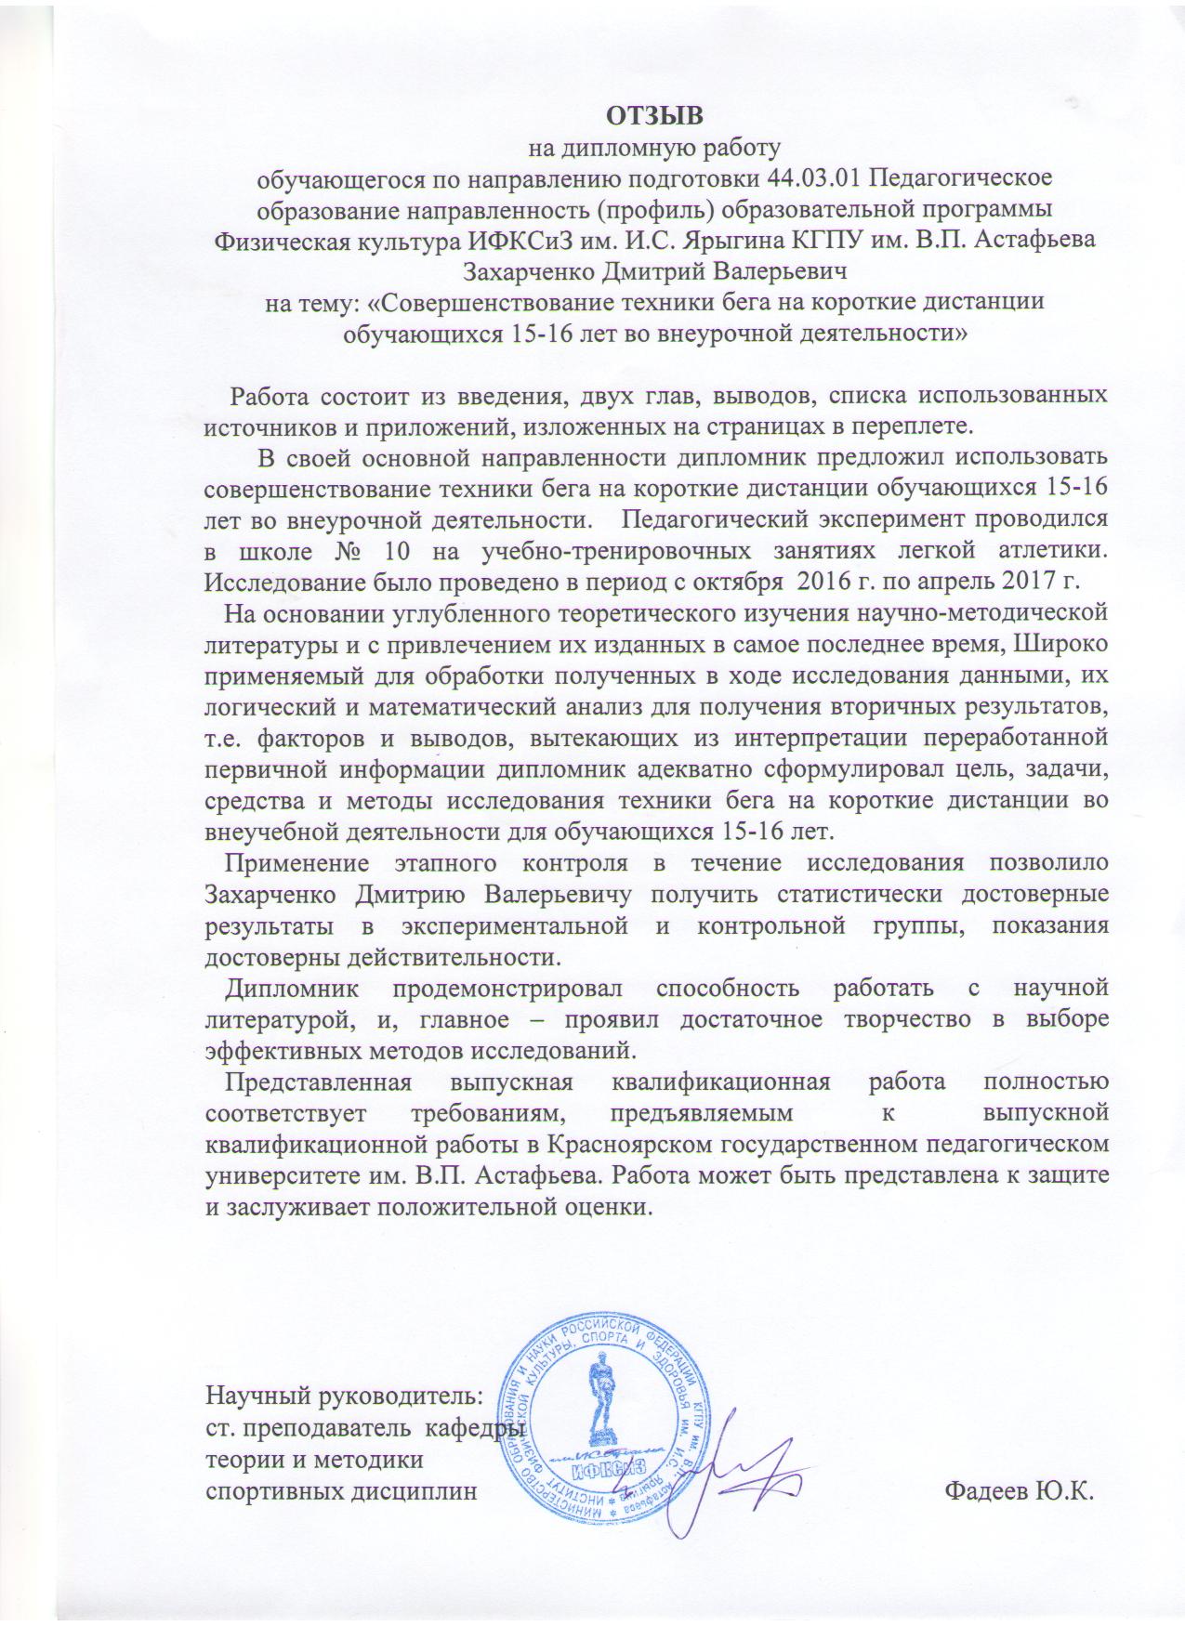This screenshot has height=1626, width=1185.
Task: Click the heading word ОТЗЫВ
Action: (x=656, y=115)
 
